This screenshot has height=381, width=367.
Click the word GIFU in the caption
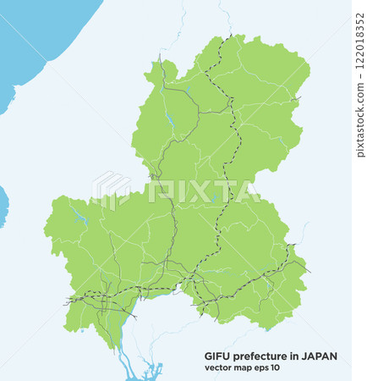[218, 356]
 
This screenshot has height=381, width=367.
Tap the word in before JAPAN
[297, 356]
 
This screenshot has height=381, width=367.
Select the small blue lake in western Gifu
[80, 218]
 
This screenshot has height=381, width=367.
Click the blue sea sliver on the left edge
[3, 207]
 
